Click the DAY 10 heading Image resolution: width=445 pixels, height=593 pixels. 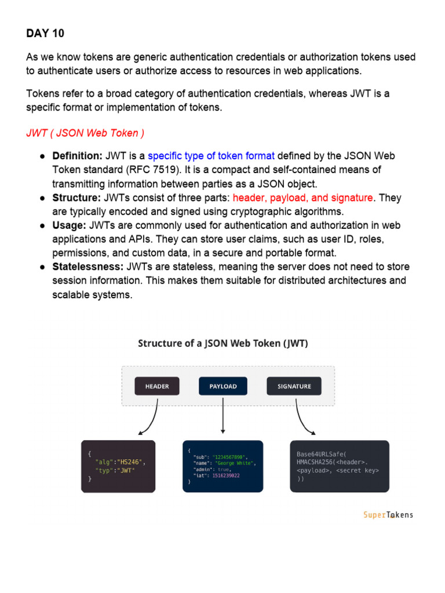[45, 34]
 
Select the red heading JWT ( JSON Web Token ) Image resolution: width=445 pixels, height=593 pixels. [85, 133]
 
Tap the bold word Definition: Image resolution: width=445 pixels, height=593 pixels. [77, 156]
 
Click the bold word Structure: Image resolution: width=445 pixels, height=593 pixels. [76, 197]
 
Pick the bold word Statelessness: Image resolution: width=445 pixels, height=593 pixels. [87, 267]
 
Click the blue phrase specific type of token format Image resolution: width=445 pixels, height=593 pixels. [211, 156]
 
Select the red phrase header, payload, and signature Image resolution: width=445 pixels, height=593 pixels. [302, 197]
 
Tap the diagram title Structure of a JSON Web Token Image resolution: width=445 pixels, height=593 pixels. [223, 343]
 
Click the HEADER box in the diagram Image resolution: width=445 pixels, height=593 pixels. [157, 386]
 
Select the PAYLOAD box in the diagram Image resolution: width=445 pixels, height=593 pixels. [222, 386]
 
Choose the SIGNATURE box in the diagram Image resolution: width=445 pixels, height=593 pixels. [294, 386]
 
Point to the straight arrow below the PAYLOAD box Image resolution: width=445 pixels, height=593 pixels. [222, 416]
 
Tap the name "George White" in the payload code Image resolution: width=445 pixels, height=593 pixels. [235, 463]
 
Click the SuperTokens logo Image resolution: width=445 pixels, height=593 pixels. [388, 515]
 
